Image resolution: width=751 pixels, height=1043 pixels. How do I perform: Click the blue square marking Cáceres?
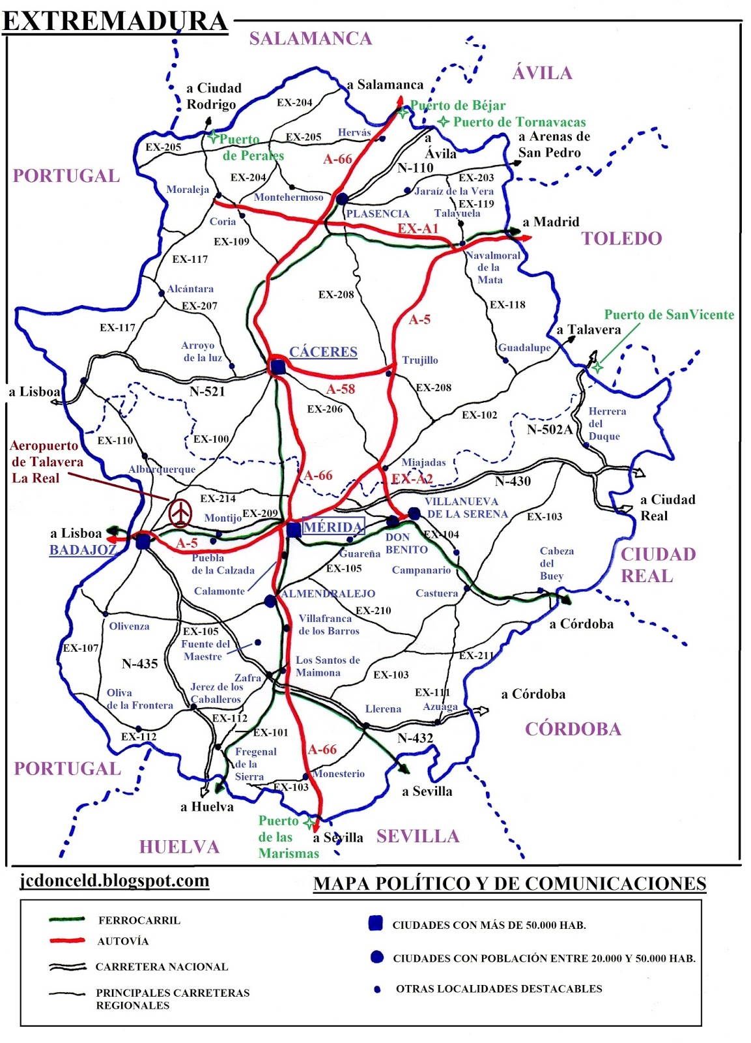(278, 368)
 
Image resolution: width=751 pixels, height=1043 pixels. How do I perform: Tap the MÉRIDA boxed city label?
(333, 527)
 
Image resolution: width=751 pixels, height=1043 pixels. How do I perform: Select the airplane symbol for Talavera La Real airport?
(180, 512)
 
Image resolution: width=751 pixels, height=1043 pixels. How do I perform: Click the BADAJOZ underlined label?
(82, 550)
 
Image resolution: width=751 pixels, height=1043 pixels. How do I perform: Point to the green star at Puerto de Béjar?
(403, 113)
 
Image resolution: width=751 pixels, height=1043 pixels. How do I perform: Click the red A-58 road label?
(341, 389)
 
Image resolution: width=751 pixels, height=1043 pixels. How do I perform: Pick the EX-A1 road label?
(418, 229)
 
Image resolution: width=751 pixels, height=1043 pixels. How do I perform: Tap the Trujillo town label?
(420, 360)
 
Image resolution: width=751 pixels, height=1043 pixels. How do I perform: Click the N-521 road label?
(207, 392)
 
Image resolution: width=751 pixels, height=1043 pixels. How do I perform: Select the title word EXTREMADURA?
(115, 21)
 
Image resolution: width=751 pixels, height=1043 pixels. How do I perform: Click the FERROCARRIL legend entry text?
(139, 920)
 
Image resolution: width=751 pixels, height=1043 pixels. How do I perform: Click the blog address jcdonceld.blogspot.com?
(115, 881)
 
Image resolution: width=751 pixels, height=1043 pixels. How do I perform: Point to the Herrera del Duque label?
(606, 424)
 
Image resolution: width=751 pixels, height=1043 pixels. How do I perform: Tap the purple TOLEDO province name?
(621, 239)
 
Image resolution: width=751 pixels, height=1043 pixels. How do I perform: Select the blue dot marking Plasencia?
(342, 199)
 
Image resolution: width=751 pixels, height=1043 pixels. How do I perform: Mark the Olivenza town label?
(129, 626)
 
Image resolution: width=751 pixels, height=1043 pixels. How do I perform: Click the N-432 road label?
(415, 738)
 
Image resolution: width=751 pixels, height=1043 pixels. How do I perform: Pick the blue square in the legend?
(375, 923)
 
